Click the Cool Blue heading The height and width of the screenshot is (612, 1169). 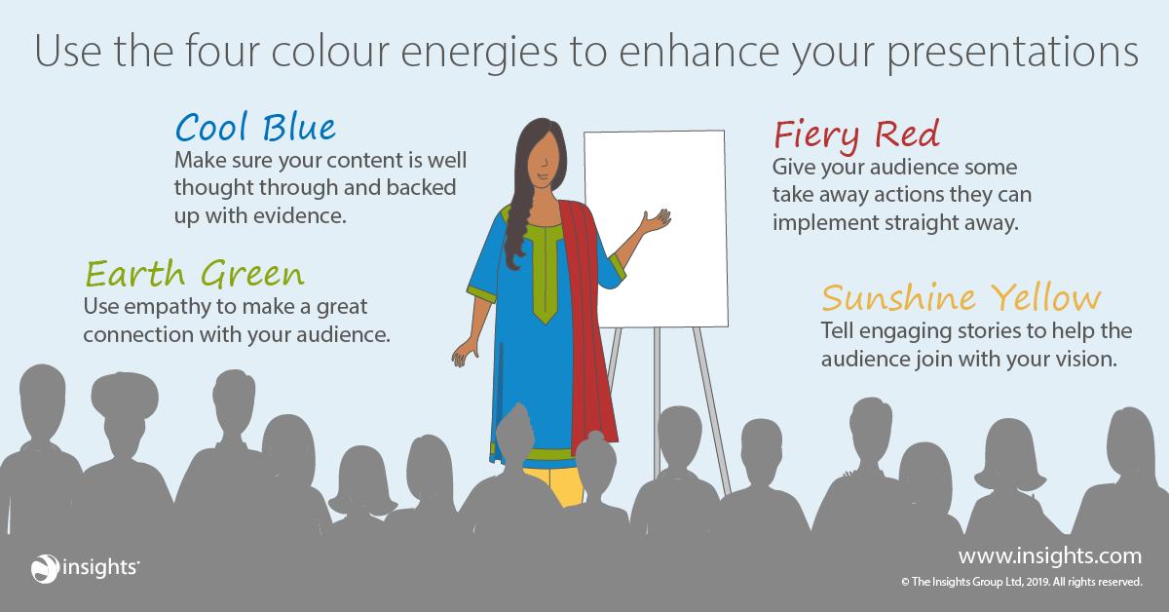point(254,127)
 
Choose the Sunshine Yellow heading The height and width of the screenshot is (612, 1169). point(962,296)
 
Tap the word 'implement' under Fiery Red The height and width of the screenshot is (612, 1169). point(817,221)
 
